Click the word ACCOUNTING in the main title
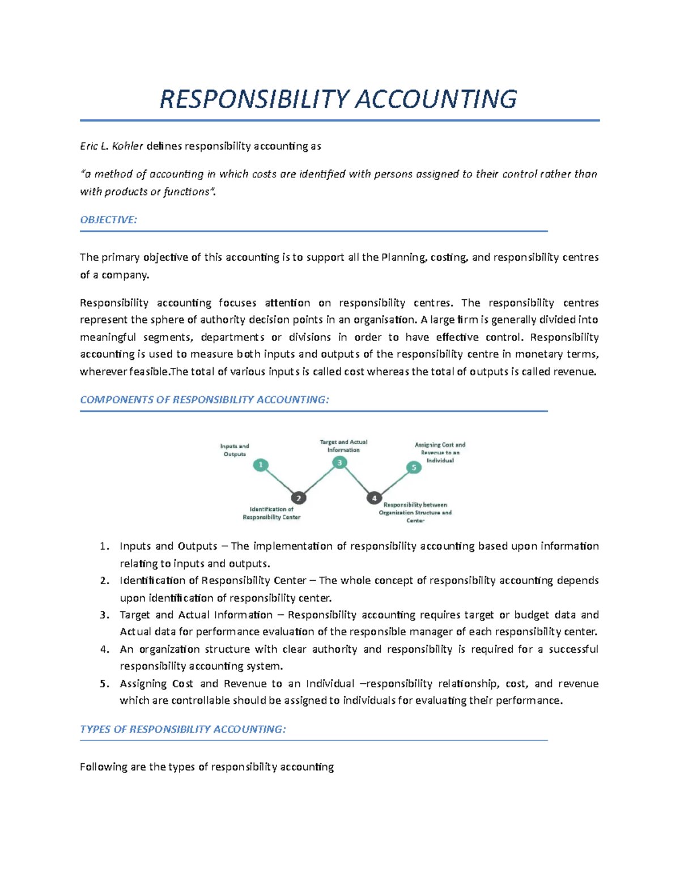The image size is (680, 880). tap(435, 99)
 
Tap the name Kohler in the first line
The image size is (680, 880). tap(127, 146)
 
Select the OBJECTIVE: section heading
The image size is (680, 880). tap(108, 220)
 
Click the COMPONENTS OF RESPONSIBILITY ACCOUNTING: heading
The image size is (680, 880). tap(204, 399)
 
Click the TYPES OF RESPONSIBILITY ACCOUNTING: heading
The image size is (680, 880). tap(182, 729)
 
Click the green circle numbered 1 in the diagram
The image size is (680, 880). tap(261, 465)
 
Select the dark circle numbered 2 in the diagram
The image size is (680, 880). tap(299, 498)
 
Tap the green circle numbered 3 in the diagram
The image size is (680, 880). tap(339, 463)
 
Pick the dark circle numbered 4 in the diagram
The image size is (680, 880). tap(374, 498)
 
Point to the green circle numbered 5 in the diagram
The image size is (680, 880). tap(414, 467)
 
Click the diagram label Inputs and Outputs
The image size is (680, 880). tap(235, 450)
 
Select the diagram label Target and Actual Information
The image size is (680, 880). tap(343, 446)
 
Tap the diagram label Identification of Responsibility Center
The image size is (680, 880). tap(271, 513)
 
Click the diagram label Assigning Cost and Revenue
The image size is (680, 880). tap(440, 452)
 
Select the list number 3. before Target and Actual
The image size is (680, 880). tap(104, 615)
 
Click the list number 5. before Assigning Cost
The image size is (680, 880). tap(104, 684)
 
